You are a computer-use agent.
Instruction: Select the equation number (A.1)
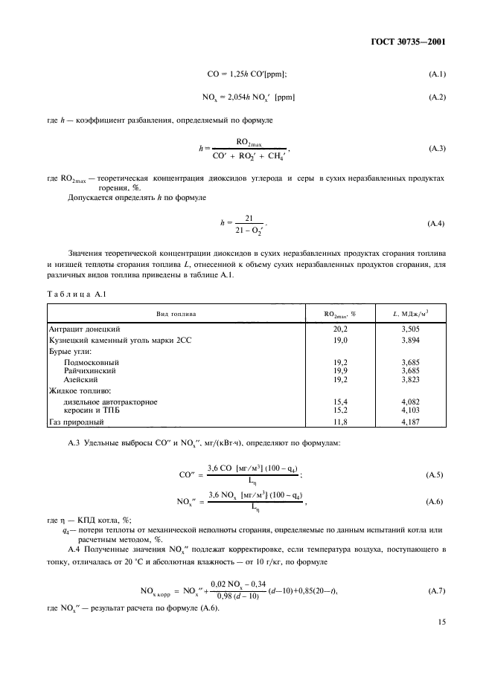pos(437,74)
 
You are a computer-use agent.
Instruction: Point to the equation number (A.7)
pos(437,591)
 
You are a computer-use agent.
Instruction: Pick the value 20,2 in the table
pos(341,328)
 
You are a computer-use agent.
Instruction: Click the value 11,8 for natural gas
pos(341,422)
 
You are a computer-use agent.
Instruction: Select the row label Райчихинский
pos(94,370)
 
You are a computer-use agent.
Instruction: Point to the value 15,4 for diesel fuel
pos(341,402)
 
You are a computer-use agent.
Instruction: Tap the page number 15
pos(441,633)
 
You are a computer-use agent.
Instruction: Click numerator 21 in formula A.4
pos(249,218)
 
